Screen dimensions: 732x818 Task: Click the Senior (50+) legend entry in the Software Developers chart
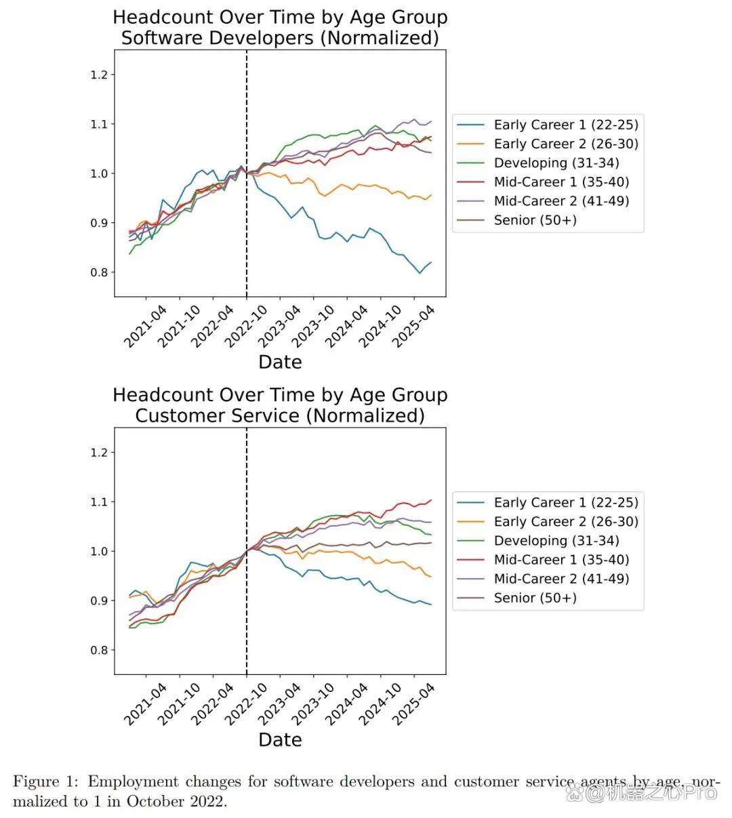click(516, 220)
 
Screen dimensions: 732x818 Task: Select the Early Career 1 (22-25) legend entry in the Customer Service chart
click(547, 503)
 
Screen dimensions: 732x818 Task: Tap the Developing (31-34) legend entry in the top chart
click(537, 163)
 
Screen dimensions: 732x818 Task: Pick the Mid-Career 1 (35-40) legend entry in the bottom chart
click(543, 560)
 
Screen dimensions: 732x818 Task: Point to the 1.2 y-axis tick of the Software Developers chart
click(100, 75)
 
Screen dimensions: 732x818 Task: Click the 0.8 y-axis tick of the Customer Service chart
click(100, 651)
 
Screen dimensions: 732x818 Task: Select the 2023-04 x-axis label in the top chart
click(279, 326)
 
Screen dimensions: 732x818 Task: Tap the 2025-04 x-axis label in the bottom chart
click(413, 704)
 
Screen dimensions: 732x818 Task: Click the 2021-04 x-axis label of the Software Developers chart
click(145, 326)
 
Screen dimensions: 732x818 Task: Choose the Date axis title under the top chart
click(280, 362)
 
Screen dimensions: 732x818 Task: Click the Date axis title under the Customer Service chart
click(280, 740)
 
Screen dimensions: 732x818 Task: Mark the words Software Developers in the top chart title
click(218, 39)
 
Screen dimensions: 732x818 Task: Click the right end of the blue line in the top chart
click(431, 262)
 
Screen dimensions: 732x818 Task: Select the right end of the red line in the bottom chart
click(431, 500)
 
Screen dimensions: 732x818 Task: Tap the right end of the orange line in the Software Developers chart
click(431, 195)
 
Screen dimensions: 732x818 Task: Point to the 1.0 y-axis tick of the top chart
click(100, 174)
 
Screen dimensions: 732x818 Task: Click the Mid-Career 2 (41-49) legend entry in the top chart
click(543, 201)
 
